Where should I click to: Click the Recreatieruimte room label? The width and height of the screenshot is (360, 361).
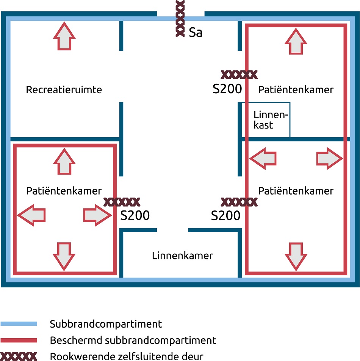point(64,90)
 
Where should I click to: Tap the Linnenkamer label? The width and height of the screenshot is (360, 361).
point(182,256)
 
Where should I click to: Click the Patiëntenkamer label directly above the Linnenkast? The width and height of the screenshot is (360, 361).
point(296,90)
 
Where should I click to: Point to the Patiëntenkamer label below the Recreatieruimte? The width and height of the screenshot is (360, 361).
point(64,191)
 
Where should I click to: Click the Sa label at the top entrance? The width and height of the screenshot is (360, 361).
point(196,33)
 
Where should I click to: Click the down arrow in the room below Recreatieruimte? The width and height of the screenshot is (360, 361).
point(64,256)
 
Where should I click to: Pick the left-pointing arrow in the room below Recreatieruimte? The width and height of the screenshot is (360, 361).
point(31,215)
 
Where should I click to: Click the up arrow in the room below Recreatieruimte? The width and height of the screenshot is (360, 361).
point(64,161)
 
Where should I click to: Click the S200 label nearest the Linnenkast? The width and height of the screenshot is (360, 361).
point(227,89)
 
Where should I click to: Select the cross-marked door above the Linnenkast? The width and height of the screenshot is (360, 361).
point(239,74)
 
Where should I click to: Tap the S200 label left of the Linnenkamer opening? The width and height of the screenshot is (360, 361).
point(135,215)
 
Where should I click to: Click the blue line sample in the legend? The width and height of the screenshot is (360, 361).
point(19,324)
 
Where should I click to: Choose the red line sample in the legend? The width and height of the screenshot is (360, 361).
point(19,340)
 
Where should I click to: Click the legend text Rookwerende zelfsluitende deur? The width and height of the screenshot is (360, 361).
point(127,356)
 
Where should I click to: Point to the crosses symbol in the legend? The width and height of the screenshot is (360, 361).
point(19,356)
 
